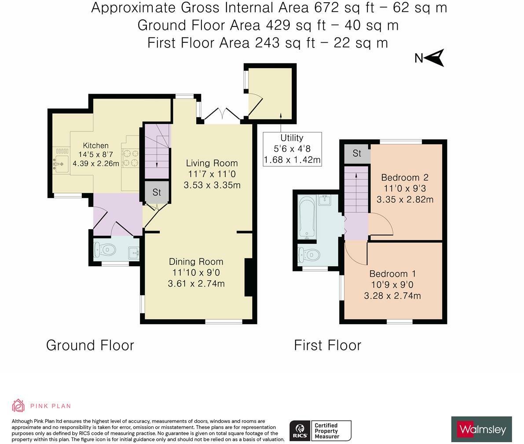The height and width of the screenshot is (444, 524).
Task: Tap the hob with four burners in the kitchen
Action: [x=131, y=158]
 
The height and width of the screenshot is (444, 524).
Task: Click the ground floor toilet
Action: [x=105, y=250]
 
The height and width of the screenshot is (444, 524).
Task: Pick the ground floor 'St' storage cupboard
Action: [x=157, y=192]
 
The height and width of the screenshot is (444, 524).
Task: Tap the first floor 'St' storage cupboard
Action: [x=357, y=154]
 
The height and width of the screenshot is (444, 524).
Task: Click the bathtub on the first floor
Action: [x=307, y=216]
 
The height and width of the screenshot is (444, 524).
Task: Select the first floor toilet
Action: [x=309, y=255]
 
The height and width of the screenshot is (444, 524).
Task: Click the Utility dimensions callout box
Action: [x=293, y=149]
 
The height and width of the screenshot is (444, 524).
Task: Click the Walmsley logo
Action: [x=482, y=429]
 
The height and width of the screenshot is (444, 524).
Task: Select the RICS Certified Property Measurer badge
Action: [x=320, y=431]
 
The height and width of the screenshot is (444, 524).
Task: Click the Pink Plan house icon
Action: [x=18, y=406]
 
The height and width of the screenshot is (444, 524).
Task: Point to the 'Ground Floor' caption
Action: [x=90, y=345]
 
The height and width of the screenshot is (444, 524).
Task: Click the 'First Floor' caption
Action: [x=327, y=345]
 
